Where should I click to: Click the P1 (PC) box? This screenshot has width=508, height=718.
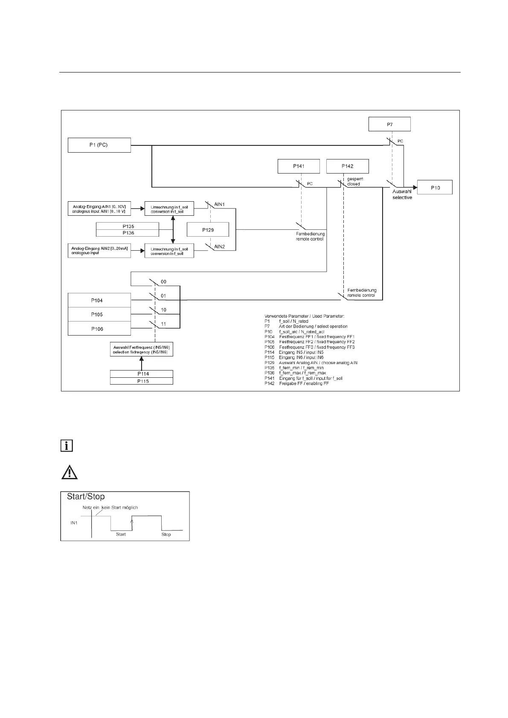[99, 145]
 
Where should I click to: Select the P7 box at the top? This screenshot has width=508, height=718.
[389, 124]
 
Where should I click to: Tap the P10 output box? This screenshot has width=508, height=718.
[435, 188]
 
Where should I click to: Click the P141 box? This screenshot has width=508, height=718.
[298, 166]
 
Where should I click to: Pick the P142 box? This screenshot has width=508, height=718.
[347, 166]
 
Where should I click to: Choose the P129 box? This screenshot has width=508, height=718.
[208, 230]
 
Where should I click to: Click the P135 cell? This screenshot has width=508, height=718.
[128, 226]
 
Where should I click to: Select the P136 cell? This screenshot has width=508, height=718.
[128, 233]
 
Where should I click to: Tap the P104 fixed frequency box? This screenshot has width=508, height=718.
[99, 300]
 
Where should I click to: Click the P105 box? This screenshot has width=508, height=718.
[99, 314]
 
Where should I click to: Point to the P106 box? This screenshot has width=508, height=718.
[99, 329]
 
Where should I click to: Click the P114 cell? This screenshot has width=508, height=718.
[142, 374]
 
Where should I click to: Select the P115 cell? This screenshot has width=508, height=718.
[142, 381]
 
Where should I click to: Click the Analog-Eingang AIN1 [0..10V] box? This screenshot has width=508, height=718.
[99, 209]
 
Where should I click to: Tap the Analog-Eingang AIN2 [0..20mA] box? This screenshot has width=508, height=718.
[99, 250]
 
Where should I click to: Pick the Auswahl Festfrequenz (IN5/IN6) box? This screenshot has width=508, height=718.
[142, 350]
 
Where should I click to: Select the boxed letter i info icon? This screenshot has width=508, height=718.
[66, 446]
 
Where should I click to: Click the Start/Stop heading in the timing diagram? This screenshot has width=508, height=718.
[86, 497]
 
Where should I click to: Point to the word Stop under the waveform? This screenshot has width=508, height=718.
[166, 534]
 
